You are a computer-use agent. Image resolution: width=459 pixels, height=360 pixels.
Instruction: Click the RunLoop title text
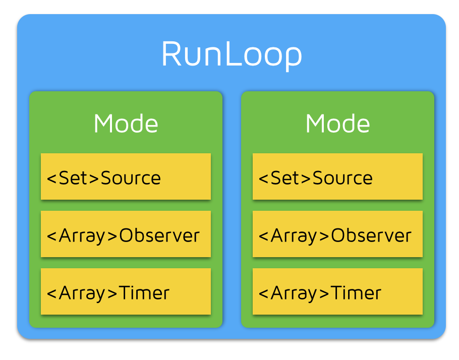tap(232, 54)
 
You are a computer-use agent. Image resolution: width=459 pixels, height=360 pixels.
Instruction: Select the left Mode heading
tap(126, 124)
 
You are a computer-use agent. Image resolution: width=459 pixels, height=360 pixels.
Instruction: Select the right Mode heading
tap(337, 124)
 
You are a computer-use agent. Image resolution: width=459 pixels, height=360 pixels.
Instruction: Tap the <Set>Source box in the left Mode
tap(126, 176)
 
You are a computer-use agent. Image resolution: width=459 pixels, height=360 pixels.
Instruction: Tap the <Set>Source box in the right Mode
tap(337, 176)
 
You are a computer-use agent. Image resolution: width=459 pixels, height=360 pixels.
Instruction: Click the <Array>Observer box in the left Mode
tap(126, 234)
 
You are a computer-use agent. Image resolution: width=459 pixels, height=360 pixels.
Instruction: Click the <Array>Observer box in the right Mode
tap(337, 234)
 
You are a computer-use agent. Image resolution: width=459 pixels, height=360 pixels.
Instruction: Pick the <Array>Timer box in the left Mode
tap(126, 291)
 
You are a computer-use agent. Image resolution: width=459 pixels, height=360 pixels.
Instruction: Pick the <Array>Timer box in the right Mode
tap(337, 291)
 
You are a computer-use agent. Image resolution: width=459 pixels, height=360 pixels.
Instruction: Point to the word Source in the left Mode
tap(131, 178)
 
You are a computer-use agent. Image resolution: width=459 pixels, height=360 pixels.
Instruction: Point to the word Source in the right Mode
tap(342, 178)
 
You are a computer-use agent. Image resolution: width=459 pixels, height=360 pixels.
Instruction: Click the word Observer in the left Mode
tap(159, 235)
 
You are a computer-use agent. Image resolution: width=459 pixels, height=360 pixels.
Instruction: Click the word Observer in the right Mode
tap(371, 235)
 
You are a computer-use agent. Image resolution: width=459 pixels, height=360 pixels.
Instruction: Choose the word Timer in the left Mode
tap(144, 293)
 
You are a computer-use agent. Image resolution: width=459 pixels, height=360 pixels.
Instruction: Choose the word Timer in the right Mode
tap(356, 293)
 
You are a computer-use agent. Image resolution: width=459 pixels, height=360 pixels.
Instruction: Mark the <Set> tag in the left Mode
tap(73, 178)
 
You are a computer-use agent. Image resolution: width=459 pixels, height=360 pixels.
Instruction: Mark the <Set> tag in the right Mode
tap(285, 178)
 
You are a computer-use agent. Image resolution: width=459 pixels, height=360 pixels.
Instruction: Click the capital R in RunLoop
tap(171, 54)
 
